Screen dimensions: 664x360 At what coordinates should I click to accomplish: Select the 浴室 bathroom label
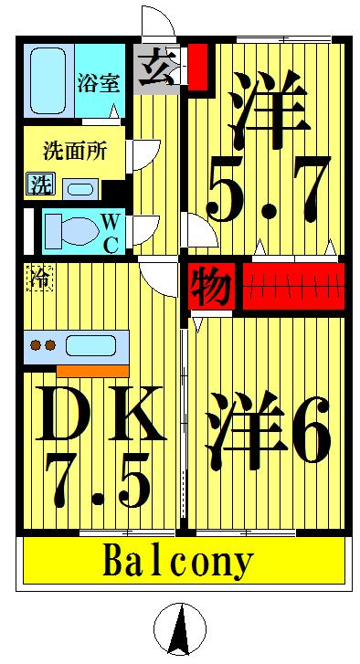[98, 83]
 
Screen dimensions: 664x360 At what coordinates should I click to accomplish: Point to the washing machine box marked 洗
[39, 184]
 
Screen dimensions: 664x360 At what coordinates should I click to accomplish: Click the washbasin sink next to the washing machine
[79, 188]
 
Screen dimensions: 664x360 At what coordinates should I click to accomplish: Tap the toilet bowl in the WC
[69, 229]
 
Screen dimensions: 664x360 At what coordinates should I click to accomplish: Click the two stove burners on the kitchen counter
[44, 346]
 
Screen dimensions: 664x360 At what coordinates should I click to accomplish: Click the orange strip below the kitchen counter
[92, 370]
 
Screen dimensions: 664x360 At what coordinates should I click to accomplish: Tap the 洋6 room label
[267, 427]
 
